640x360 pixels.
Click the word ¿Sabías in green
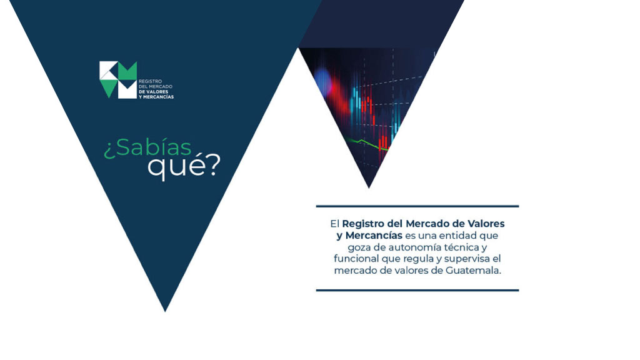point(147,147)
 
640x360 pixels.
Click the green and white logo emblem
point(118,79)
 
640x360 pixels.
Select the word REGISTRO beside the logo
point(150,81)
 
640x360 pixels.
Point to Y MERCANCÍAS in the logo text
point(156,97)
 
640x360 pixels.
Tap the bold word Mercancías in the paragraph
point(374,236)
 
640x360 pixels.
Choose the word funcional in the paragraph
point(356,258)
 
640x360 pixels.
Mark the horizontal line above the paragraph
point(417,206)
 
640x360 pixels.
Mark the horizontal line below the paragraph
point(417,291)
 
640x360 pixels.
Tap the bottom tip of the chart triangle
point(369,187)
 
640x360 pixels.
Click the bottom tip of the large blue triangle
point(165,312)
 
